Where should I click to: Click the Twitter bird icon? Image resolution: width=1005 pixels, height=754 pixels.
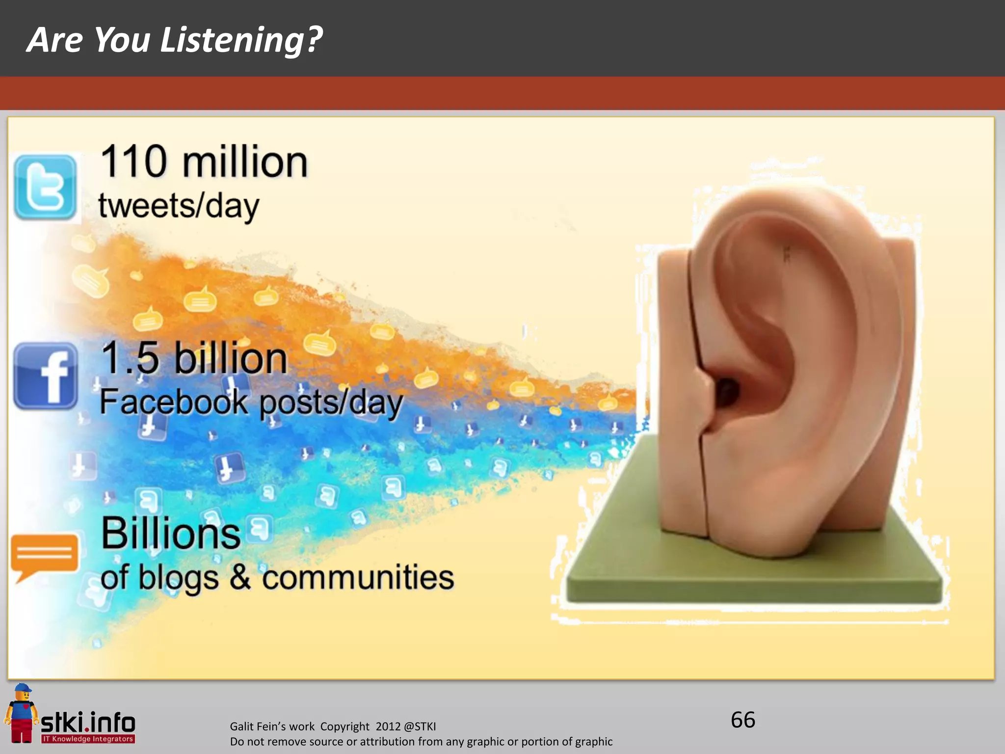click(45, 188)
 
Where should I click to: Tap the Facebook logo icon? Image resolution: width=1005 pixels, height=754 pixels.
click(46, 376)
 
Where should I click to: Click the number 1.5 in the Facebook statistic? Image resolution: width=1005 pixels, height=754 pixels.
click(130, 358)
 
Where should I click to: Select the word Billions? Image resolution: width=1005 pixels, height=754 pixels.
click(171, 534)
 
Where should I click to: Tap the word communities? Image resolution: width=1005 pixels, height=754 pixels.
click(358, 577)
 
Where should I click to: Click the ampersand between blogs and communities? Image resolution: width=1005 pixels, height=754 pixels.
click(240, 577)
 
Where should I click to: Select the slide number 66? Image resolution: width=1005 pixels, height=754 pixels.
click(743, 720)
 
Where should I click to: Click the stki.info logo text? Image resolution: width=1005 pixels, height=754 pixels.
click(88, 723)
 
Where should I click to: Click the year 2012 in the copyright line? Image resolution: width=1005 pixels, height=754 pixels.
click(388, 727)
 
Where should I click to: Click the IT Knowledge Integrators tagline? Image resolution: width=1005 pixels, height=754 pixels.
click(88, 739)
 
